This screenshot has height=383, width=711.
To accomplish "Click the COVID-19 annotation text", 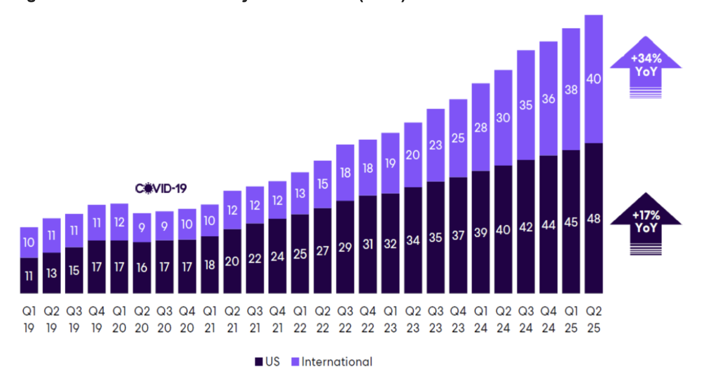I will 161,189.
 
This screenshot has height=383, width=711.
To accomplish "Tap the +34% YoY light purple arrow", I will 646,66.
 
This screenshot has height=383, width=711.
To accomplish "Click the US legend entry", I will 268,362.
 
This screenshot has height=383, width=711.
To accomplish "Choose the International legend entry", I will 332,362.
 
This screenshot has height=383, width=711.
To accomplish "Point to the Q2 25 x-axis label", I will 594,319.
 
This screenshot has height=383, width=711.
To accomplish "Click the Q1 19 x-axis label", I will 29,319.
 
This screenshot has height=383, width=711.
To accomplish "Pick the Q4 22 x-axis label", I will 367,319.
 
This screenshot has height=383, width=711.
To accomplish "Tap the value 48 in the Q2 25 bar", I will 594,219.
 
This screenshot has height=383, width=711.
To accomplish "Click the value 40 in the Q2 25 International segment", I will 594,79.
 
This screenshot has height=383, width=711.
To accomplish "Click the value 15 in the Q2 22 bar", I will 322,184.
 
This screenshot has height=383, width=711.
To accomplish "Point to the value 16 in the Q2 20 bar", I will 142,268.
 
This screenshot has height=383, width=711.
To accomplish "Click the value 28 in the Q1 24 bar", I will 481,128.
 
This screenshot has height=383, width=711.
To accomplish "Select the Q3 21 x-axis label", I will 255,319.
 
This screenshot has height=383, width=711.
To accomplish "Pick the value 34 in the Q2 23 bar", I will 413,240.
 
